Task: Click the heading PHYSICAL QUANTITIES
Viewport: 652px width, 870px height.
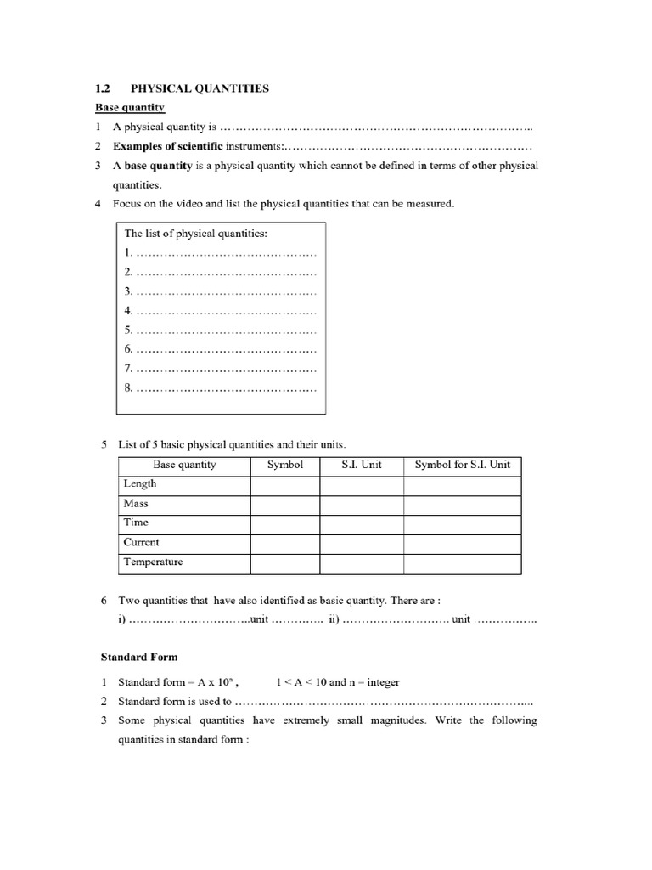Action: [200, 88]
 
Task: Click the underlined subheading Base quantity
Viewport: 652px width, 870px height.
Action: [129, 107]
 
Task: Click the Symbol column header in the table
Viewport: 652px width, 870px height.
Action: [284, 465]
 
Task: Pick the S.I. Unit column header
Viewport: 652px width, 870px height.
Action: [362, 465]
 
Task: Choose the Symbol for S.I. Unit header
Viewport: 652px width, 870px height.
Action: [463, 465]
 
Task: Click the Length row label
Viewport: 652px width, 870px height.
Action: [140, 483]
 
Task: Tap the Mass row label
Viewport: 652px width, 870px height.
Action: [136, 503]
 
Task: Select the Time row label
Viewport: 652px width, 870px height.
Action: [136, 523]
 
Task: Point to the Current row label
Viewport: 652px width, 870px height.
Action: [141, 542]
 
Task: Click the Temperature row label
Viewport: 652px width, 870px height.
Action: [153, 562]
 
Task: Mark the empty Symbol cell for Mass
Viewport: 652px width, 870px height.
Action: [284, 503]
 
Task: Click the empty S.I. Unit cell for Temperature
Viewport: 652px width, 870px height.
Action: [362, 562]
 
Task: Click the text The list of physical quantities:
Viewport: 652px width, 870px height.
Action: [196, 233]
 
